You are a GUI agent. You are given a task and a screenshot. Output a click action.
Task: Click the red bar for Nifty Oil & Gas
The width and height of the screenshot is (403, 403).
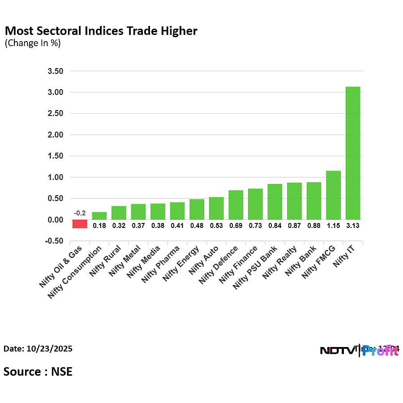coord(80,223)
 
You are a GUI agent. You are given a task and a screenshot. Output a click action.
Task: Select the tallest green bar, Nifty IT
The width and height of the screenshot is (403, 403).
coord(353,153)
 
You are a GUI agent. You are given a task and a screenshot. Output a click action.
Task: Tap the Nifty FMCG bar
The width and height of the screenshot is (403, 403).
coord(333,195)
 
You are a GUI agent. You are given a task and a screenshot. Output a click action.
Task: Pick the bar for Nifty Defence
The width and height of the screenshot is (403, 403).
coord(236,205)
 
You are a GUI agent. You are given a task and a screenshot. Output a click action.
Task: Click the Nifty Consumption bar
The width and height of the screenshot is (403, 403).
coord(99,216)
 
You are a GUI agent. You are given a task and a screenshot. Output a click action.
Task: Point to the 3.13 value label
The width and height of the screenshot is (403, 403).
coord(353,226)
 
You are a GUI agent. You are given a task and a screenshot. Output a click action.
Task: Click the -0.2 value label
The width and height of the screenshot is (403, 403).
coord(80,213)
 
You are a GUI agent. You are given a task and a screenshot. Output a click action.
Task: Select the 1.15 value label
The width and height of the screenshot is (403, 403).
coord(333,226)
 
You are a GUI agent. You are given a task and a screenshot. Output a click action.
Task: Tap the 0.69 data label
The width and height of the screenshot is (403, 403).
coord(236,226)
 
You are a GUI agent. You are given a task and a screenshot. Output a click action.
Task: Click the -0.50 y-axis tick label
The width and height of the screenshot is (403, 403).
coord(53,241)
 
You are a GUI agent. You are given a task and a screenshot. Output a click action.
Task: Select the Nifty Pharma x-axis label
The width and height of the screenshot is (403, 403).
coord(161,264)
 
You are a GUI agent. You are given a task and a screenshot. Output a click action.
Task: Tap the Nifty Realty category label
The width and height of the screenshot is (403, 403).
coord(280,262)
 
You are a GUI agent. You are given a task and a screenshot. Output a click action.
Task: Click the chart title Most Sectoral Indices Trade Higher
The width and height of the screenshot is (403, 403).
coord(101,31)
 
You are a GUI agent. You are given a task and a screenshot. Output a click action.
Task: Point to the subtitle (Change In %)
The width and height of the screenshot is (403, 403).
coord(33,43)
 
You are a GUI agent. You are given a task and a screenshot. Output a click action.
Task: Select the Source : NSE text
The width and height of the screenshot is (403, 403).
coord(38,371)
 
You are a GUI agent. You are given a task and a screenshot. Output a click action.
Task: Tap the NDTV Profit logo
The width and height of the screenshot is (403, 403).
coord(359,351)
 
